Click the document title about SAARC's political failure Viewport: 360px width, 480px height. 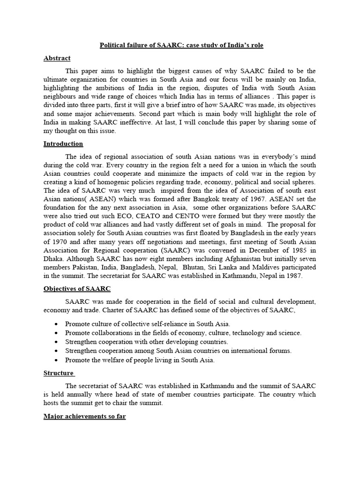(x=185, y=45)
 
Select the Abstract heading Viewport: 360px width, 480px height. (x=57, y=58)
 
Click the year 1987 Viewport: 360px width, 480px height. (x=293, y=276)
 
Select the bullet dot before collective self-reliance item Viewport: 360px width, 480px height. (x=56, y=324)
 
